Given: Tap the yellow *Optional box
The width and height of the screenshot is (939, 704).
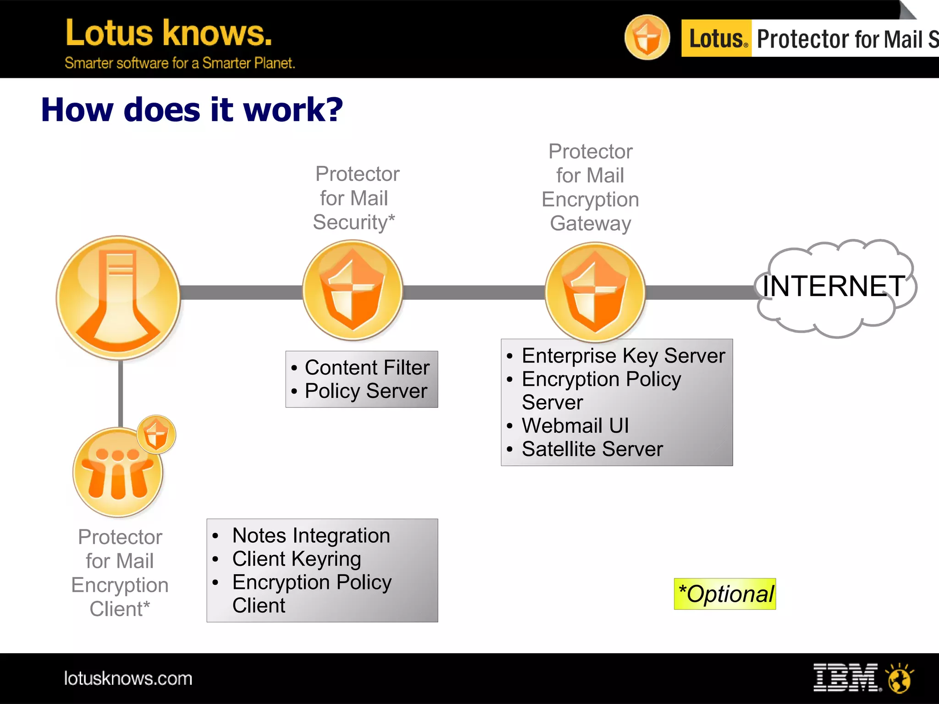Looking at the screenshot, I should click(724, 594).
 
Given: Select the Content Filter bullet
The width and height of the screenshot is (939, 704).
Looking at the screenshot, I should click(367, 368).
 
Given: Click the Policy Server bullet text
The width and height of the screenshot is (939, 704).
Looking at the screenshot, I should click(365, 391).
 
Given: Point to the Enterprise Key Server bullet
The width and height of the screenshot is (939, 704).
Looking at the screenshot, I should click(623, 356).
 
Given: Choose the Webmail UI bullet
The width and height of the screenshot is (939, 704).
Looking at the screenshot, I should click(575, 425).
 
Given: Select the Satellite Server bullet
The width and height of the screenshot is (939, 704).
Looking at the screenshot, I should click(592, 449).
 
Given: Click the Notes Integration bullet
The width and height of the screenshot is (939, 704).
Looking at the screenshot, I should click(311, 535).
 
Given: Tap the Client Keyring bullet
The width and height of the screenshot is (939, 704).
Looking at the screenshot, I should click(296, 559).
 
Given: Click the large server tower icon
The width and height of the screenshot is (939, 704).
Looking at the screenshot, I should click(118, 298).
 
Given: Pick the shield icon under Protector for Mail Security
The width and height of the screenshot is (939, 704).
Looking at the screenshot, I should click(352, 291).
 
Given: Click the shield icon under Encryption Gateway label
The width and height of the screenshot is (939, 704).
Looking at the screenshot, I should click(595, 292).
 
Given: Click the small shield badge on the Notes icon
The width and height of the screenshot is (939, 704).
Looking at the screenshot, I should click(156, 434).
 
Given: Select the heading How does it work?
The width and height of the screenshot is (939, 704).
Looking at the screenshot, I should click(192, 110).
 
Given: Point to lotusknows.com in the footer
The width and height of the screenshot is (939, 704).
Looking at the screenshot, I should click(128, 678).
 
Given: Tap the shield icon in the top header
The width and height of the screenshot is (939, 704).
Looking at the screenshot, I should click(647, 37).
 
